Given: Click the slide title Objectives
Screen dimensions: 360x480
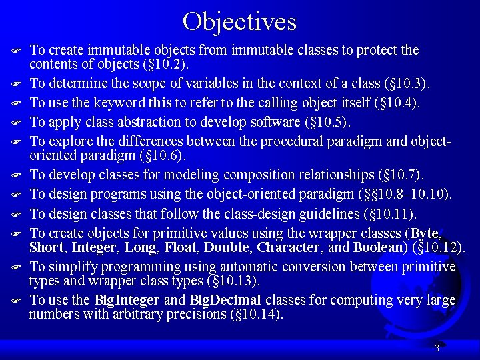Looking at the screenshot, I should [239, 21].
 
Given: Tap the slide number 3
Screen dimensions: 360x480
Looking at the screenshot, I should [436, 348].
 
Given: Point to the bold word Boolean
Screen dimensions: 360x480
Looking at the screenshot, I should [378, 247].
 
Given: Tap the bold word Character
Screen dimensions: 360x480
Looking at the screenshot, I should [288, 247].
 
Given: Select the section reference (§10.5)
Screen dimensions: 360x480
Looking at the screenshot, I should [327, 122].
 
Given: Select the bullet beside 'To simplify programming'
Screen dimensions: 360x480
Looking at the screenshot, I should [18, 268].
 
